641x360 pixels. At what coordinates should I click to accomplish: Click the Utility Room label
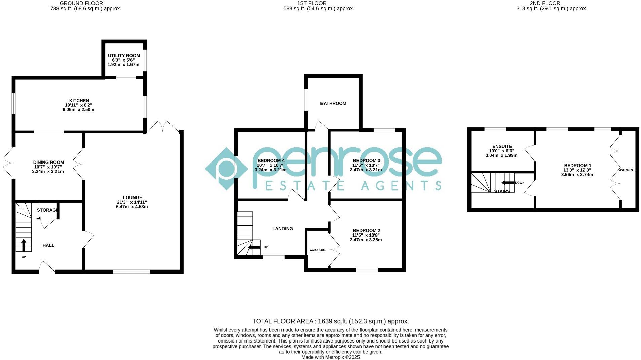pos(124,56)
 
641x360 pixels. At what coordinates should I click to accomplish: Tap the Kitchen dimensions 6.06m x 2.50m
pos(78,110)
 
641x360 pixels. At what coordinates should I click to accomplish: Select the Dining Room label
pos(48,163)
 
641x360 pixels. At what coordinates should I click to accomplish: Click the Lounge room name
pos(132,198)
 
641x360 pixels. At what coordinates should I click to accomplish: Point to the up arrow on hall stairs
pos(24,245)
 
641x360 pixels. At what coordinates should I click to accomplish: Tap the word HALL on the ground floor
pos(48,246)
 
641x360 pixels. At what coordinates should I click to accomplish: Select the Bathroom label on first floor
pos(333,104)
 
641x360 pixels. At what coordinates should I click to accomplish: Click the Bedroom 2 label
pos(366,231)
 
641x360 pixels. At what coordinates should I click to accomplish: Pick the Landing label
pos(282,229)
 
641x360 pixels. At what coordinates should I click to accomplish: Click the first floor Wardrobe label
pos(317,250)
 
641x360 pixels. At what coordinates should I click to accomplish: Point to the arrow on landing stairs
pos(254,248)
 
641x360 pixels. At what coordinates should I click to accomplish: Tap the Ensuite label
pos(502,147)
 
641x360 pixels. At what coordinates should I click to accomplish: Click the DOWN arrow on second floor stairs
pos(508,183)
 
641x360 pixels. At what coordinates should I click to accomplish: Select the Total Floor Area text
pos(330,321)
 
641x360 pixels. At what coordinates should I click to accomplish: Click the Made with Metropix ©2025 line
pos(330,357)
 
